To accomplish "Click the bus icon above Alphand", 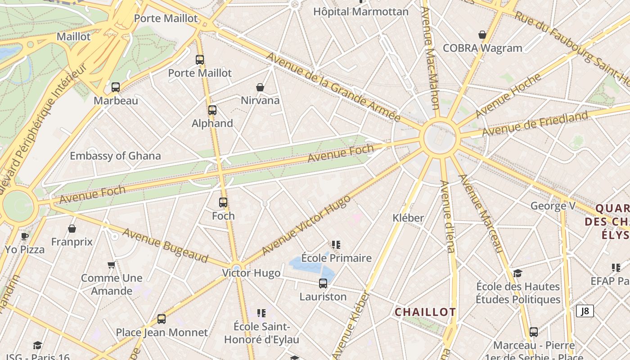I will (212, 110).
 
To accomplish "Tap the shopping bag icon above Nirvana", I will (260, 87).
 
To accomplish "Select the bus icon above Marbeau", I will (116, 87).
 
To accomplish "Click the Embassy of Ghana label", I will (115, 156).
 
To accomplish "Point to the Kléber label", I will (408, 218).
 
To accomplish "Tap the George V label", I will (553, 206).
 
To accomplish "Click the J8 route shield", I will (585, 311).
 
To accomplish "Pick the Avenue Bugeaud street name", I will (165, 246).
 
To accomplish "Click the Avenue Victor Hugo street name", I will (306, 225).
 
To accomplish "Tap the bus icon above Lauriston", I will (323, 283).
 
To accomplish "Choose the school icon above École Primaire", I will (336, 245).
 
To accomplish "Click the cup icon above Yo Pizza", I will (25, 236).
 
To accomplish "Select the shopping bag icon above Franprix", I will (72, 229).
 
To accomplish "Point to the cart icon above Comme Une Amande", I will (112, 265).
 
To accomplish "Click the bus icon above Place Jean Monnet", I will (162, 319).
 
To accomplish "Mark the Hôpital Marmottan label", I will (361, 12).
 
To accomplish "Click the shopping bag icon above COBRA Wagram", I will (482, 35).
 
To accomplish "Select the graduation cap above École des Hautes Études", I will (518, 273).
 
